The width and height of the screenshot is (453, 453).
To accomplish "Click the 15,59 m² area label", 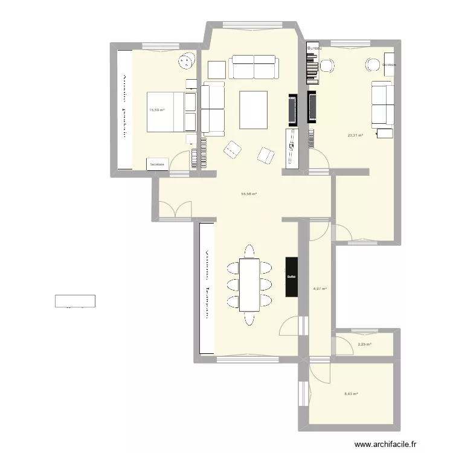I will click(x=156, y=110).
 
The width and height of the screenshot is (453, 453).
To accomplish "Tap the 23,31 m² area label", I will click(x=355, y=135).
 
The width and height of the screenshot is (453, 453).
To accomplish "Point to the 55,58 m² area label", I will click(x=249, y=194).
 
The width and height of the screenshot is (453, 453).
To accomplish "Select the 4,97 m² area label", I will click(x=320, y=289).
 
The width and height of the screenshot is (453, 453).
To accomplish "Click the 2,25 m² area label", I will click(x=364, y=344).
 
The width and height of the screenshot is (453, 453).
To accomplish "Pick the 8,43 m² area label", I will click(x=351, y=394).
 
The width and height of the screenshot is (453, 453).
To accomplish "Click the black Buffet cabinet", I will click(x=292, y=277).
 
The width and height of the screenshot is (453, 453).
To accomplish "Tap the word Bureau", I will click(x=314, y=47).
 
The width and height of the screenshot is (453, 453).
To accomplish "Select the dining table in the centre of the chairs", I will click(x=249, y=284).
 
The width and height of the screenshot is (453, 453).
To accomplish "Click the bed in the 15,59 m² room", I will click(x=172, y=111).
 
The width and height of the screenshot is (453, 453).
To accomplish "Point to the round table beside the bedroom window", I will click(x=187, y=61).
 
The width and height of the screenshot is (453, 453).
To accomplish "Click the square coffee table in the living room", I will click(x=254, y=109).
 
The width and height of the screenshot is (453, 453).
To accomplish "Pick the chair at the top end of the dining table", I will click(x=249, y=251).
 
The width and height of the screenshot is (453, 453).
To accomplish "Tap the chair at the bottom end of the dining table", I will click(x=249, y=318).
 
